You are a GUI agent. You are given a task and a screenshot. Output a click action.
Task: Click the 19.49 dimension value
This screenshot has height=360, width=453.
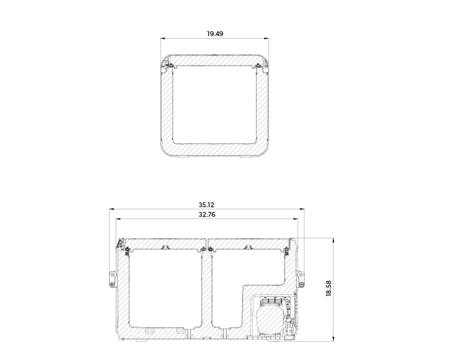[x=215, y=34]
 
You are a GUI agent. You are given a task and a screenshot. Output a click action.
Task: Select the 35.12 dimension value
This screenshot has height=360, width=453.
[x=206, y=205]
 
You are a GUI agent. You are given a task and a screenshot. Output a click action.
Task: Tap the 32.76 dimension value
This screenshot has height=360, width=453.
[x=206, y=214]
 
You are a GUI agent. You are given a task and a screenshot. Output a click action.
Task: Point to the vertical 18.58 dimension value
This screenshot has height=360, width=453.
[x=328, y=288]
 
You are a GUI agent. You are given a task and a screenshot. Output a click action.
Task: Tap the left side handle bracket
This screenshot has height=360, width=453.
[x=112, y=280]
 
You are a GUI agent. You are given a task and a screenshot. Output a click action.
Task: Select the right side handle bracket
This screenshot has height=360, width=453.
[x=300, y=279]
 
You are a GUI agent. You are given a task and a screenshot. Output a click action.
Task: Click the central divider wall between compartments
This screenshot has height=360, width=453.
[x=206, y=291]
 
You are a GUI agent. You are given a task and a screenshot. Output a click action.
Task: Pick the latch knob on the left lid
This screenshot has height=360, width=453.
[x=165, y=247]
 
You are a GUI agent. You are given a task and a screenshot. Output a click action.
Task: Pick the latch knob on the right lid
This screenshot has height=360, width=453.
[x=247, y=247]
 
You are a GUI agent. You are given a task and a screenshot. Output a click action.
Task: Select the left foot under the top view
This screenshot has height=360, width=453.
[x=182, y=156]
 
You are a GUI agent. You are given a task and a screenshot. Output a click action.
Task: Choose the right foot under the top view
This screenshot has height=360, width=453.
[x=246, y=156]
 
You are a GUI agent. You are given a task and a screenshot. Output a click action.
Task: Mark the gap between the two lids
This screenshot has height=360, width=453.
[x=207, y=243]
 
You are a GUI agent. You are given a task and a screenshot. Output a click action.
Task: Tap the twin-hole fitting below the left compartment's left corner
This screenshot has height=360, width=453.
[x=149, y=331]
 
